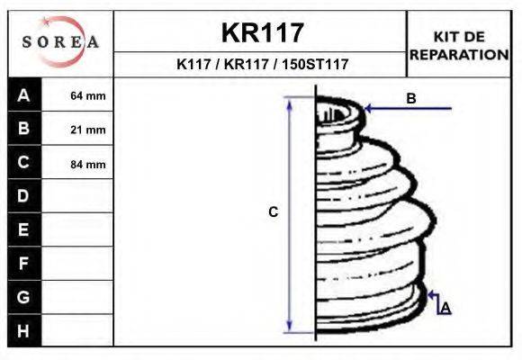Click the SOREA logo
point(60,42)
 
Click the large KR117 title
point(262,33)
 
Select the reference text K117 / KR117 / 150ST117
point(262,65)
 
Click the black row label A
point(23,95)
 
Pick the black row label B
point(23,129)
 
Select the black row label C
point(23,163)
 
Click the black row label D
point(23,196)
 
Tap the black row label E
point(23,229)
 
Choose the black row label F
point(23,264)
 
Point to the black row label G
point(23,297)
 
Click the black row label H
point(23,330)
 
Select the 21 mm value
point(88,130)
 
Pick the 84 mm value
point(88,164)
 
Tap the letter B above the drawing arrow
point(410,99)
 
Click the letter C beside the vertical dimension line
point(274,212)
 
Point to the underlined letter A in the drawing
point(445,308)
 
